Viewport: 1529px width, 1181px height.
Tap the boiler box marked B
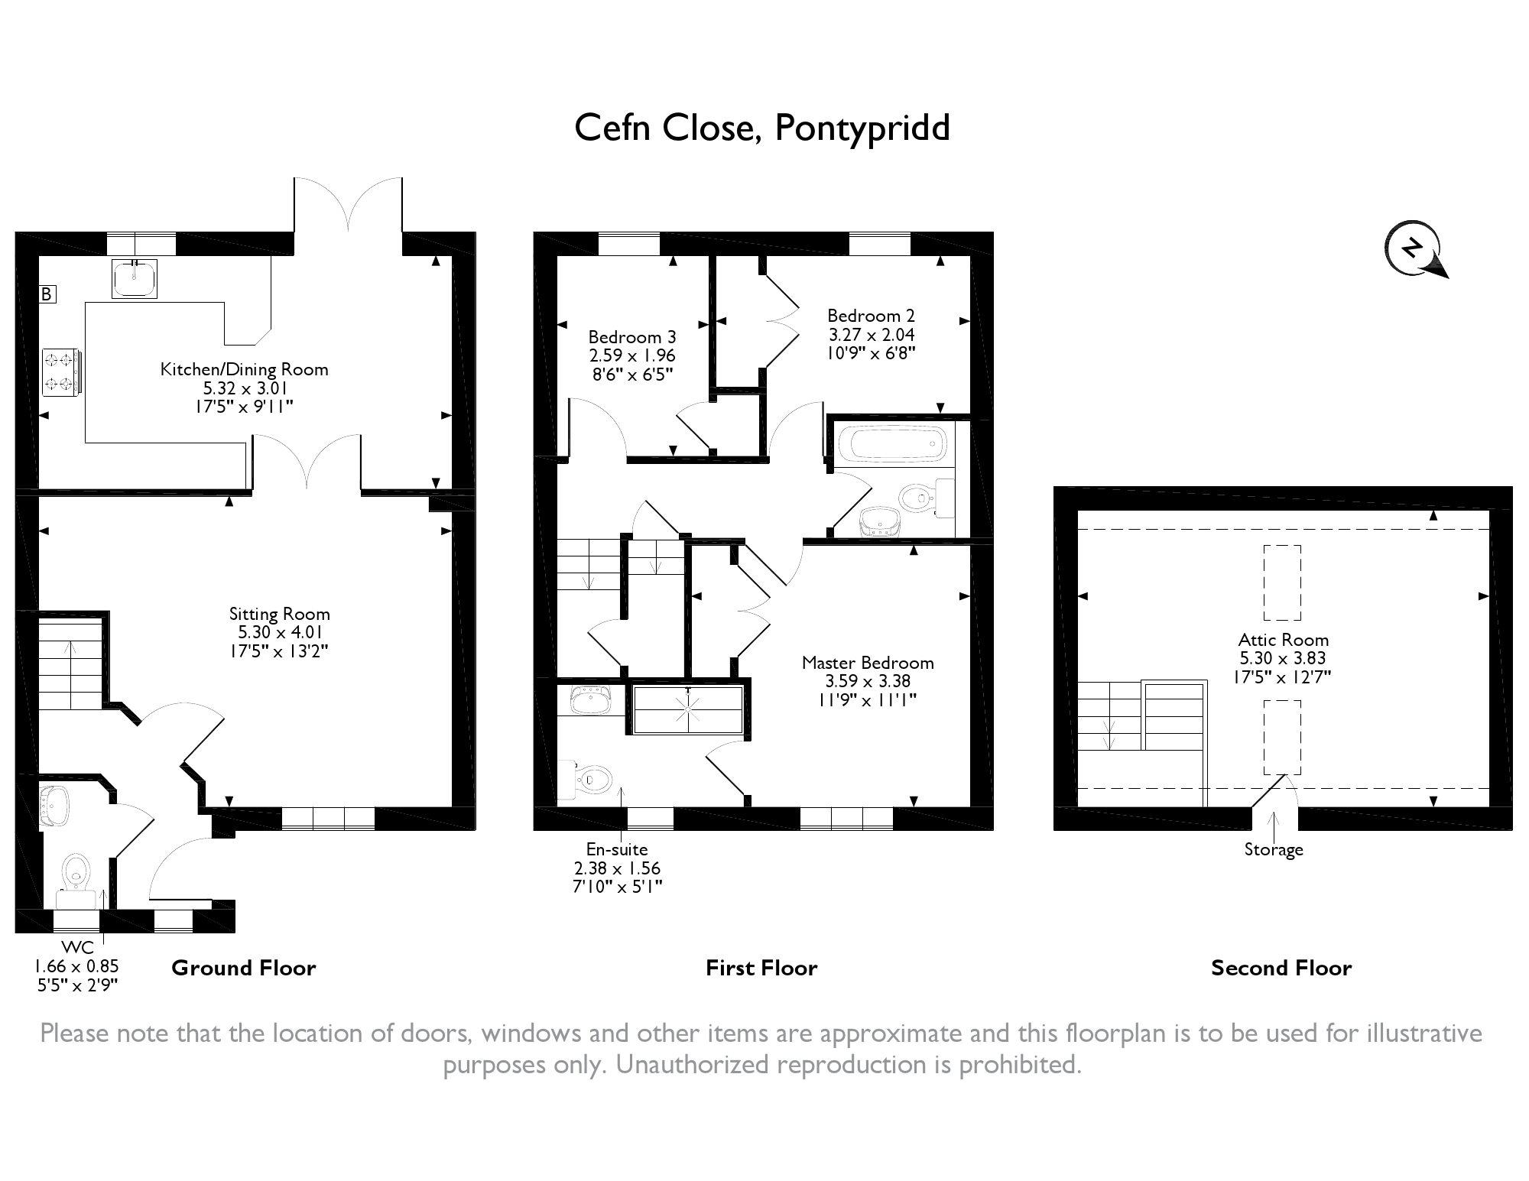click(x=47, y=294)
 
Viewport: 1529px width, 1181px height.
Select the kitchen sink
click(x=135, y=277)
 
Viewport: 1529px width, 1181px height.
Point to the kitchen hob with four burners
click(x=60, y=372)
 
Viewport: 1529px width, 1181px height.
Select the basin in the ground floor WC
click(x=54, y=806)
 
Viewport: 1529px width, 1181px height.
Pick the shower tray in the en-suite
click(x=688, y=710)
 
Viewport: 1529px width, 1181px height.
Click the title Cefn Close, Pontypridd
click(x=761, y=128)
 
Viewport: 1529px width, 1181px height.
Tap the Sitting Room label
click(x=280, y=614)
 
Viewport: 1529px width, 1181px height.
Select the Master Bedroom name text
click(x=868, y=663)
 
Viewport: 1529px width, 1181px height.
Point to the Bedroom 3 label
click(x=632, y=337)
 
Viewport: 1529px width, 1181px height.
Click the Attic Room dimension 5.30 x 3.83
click(x=1283, y=658)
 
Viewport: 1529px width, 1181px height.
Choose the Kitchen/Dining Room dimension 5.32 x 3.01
click(x=245, y=388)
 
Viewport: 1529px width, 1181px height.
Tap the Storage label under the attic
click(x=1274, y=849)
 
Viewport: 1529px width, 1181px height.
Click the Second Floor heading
click(x=1281, y=968)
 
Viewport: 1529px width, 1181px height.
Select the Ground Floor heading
click(x=244, y=968)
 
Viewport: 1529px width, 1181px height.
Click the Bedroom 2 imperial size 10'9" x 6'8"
click(x=871, y=353)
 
